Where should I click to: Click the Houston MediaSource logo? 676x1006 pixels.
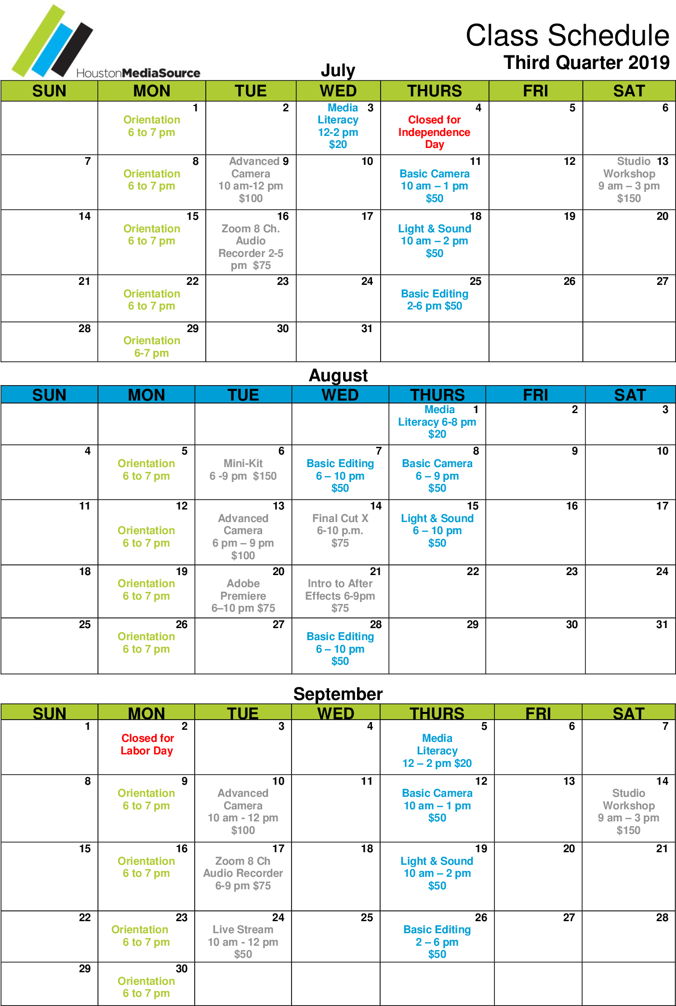(105, 40)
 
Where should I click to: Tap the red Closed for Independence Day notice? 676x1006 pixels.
(434, 132)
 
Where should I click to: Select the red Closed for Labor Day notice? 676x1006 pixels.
(147, 744)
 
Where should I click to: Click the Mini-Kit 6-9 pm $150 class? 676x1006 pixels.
(243, 470)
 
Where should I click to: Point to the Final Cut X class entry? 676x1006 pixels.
(340, 531)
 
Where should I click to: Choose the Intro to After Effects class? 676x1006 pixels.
(340, 596)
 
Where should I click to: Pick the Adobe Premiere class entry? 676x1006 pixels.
(243, 596)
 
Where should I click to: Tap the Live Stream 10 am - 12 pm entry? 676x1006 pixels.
(243, 942)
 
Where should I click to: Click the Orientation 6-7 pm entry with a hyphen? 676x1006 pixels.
(152, 347)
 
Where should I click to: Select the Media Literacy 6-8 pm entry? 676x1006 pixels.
(437, 422)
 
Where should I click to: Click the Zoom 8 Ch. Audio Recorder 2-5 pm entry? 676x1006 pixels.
(251, 247)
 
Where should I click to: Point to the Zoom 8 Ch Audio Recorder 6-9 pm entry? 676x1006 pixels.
(243, 873)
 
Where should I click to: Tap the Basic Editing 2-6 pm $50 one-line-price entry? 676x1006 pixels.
(434, 300)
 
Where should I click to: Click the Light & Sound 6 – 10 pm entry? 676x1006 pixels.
(437, 531)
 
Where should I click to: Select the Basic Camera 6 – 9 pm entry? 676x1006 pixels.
(437, 476)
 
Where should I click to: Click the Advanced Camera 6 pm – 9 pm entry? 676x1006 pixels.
(243, 537)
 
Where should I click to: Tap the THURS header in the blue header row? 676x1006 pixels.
(437, 395)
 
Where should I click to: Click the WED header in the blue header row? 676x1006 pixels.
(340, 395)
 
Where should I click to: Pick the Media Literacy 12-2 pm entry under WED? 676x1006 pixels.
(338, 126)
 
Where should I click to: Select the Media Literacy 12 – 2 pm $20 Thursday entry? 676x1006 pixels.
(437, 751)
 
